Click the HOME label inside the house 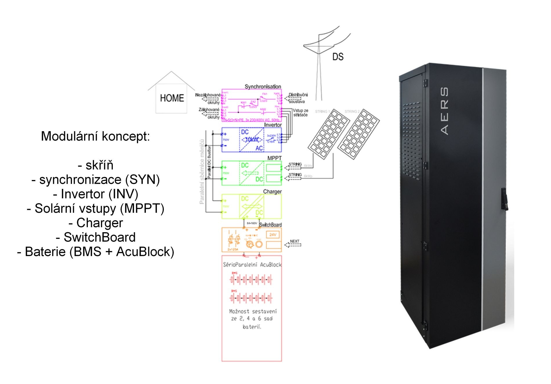[172, 98]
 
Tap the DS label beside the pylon [338, 57]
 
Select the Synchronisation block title [263, 86]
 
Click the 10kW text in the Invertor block [252, 140]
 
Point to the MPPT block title [274, 158]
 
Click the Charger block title [272, 192]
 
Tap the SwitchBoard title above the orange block [270, 225]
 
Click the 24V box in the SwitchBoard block [273, 235]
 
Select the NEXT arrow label [294, 241]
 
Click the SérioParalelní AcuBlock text [252, 265]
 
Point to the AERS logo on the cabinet [444, 111]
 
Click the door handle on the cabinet [505, 199]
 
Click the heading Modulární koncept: [95, 136]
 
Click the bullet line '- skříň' [95, 165]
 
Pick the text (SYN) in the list [142, 180]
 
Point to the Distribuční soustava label [298, 98]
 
